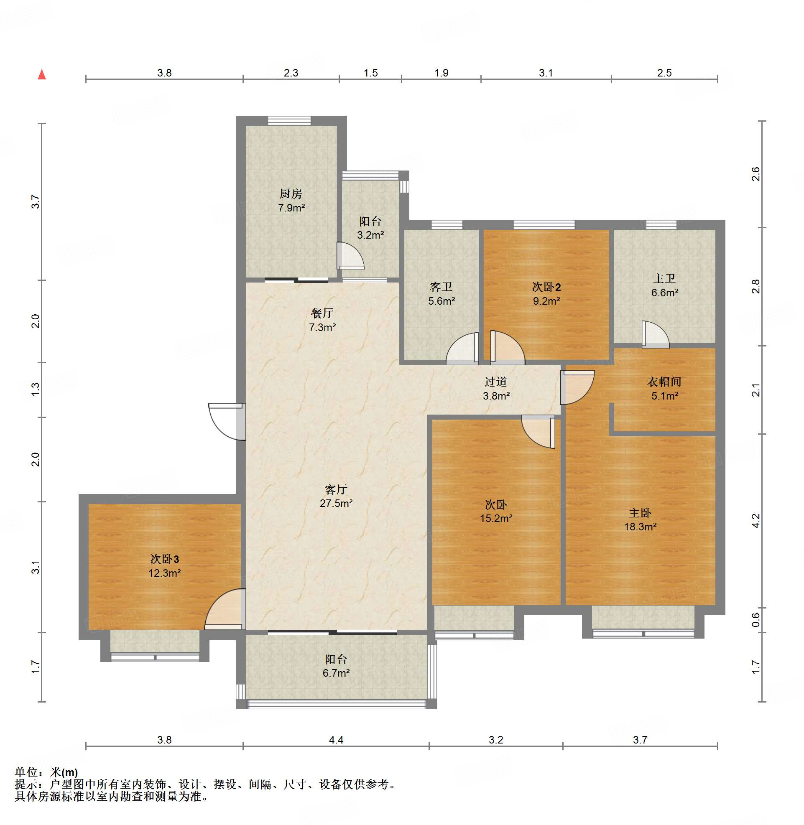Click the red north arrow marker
pyautogui.click(x=42, y=75)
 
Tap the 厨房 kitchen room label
pyautogui.click(x=291, y=194)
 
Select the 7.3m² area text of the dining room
pyautogui.click(x=322, y=327)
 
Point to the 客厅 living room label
pyautogui.click(x=336, y=489)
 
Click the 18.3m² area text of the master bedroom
pyautogui.click(x=640, y=527)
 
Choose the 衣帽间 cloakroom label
pyautogui.click(x=664, y=382)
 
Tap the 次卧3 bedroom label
pyautogui.click(x=165, y=559)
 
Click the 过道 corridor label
pyautogui.click(x=496, y=382)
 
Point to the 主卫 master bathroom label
pyautogui.click(x=664, y=278)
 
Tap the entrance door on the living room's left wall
pyautogui.click(x=227, y=422)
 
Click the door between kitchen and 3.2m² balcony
pyautogui.click(x=350, y=256)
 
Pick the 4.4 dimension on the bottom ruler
pyautogui.click(x=336, y=740)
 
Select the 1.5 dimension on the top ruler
pyautogui.click(x=371, y=73)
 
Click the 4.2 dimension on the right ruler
pyautogui.click(x=756, y=520)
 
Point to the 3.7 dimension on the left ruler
pyautogui.click(x=36, y=201)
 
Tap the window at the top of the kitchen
pyautogui.click(x=289, y=121)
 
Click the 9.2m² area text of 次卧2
pyautogui.click(x=546, y=301)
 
